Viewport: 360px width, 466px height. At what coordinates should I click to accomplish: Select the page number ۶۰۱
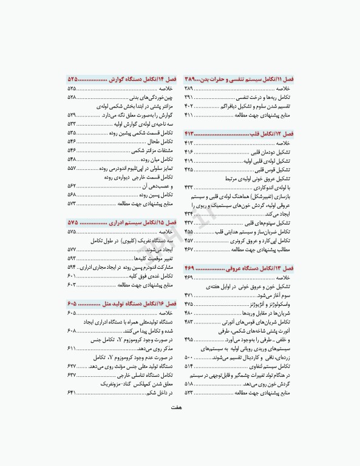click(72, 275)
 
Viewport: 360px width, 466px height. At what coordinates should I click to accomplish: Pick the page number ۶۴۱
click(72, 393)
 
